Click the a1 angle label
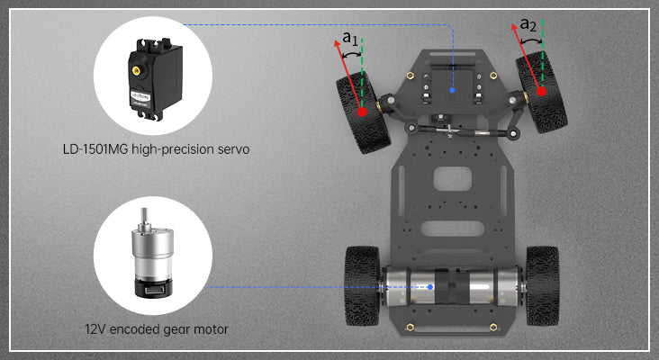point(350,39)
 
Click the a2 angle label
point(528,24)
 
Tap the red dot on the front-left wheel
point(362,112)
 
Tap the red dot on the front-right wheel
point(541,91)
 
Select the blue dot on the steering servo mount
point(452,90)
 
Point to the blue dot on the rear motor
point(430,287)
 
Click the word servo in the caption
point(234,149)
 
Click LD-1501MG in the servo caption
point(95,149)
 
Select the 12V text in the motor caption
point(95,328)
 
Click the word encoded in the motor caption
point(134,328)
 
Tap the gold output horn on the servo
point(136,70)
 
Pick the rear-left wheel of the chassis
point(362,285)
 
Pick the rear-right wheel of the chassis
point(543,285)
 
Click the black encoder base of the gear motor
point(152,288)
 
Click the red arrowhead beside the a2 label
point(514,28)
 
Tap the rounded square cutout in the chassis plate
point(453,178)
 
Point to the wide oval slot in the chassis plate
point(452,229)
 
